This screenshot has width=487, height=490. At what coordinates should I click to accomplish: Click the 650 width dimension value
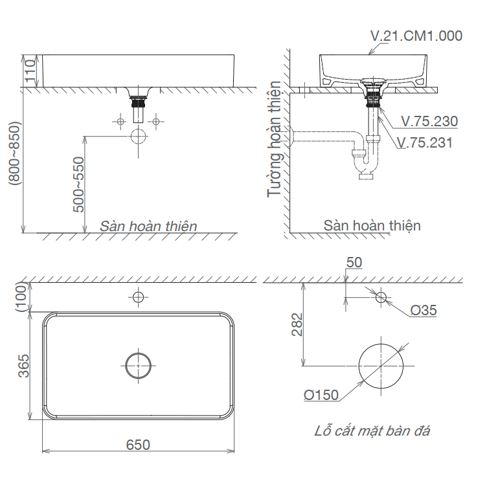pos(138,445)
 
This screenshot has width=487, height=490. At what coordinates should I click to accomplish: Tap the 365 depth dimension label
pos(23,366)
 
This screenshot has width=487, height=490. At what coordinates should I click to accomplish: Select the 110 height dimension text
pos(30,71)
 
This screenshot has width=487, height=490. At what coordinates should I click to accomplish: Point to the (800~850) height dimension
pos(14,153)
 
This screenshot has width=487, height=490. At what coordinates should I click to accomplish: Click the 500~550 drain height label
pos(78,184)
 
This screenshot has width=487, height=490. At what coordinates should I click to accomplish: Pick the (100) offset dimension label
pos(21,296)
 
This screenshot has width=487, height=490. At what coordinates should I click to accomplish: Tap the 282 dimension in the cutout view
pos(297,324)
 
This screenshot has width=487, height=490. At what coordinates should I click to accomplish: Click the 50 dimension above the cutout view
pos(354,263)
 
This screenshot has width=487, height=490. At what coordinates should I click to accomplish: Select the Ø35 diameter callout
pos(424,310)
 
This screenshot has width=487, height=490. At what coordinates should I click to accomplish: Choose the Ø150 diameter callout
pos(321,395)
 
